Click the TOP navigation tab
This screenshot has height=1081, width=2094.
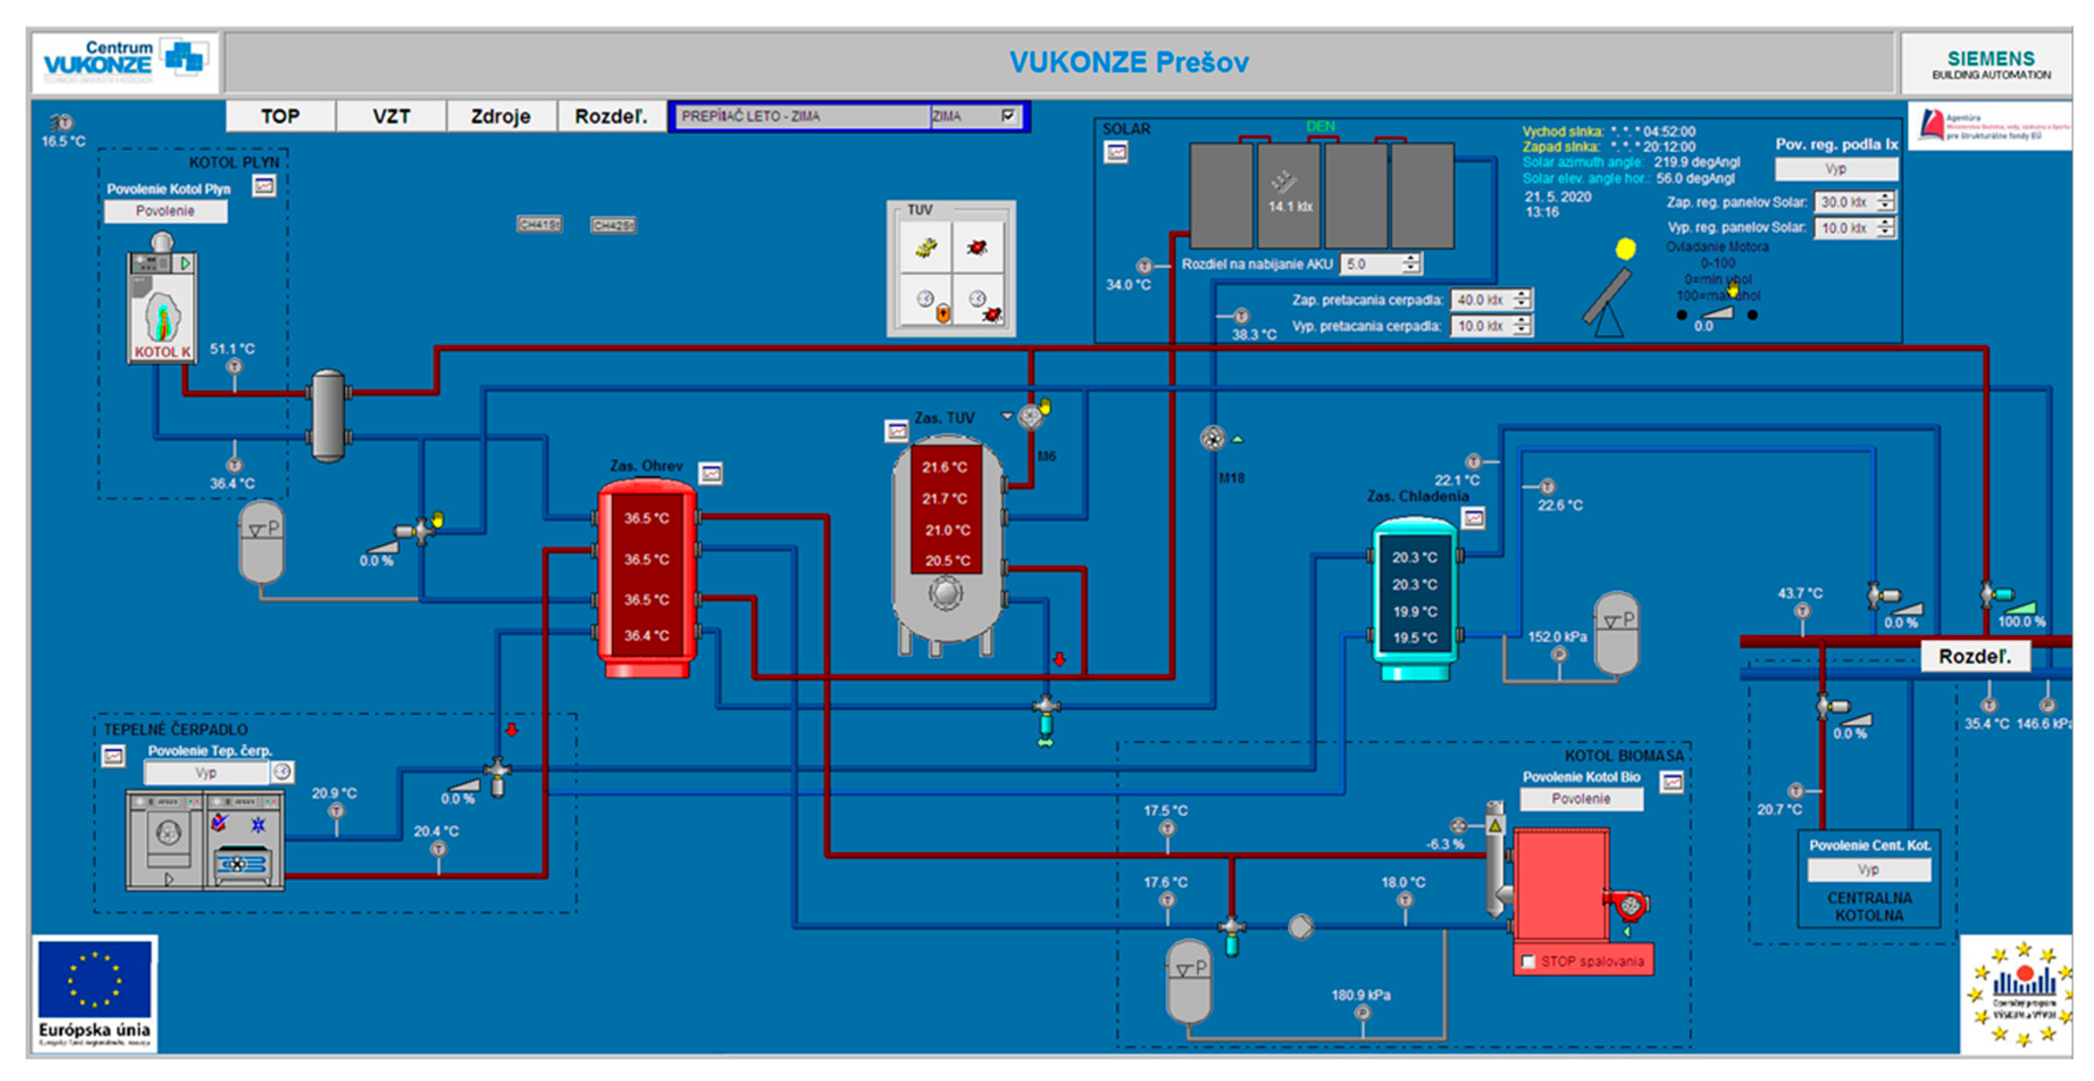[279, 116]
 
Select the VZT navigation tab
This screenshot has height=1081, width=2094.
[391, 116]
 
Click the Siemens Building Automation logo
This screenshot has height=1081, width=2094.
[1991, 64]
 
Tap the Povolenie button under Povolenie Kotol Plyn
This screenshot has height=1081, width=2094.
[165, 211]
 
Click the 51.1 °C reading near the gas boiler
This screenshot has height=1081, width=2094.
[232, 349]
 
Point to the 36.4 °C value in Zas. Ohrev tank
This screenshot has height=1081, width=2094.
[646, 635]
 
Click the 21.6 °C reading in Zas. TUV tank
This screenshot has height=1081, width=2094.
[945, 467]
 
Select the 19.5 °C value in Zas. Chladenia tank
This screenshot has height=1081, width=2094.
[1414, 637]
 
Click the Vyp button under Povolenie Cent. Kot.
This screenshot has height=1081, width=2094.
[1868, 870]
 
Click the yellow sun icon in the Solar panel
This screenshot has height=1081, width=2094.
[1625, 249]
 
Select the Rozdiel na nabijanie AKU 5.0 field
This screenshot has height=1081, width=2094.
[1372, 264]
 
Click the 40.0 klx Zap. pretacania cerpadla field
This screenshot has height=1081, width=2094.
[1480, 300]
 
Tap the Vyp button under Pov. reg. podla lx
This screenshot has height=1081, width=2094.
[1836, 169]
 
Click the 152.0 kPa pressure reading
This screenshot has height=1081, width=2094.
[1557, 636]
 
